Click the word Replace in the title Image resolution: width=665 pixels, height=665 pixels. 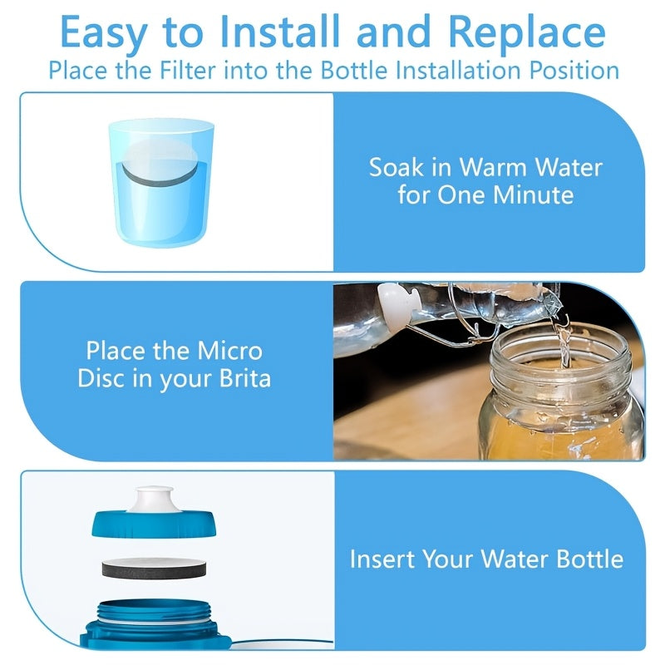coord(527,32)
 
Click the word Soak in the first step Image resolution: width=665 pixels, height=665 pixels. coord(397,167)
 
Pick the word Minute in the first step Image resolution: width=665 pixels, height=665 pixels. coord(534,195)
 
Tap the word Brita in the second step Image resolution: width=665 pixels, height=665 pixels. coord(245,378)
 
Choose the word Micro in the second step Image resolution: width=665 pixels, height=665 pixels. coord(230,351)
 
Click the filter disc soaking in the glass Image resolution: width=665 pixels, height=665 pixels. coord(160,163)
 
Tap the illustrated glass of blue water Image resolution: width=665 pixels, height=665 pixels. coord(161,183)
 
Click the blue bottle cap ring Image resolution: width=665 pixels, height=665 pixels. coord(154,525)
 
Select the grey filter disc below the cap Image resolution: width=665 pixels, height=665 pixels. coord(154,568)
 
